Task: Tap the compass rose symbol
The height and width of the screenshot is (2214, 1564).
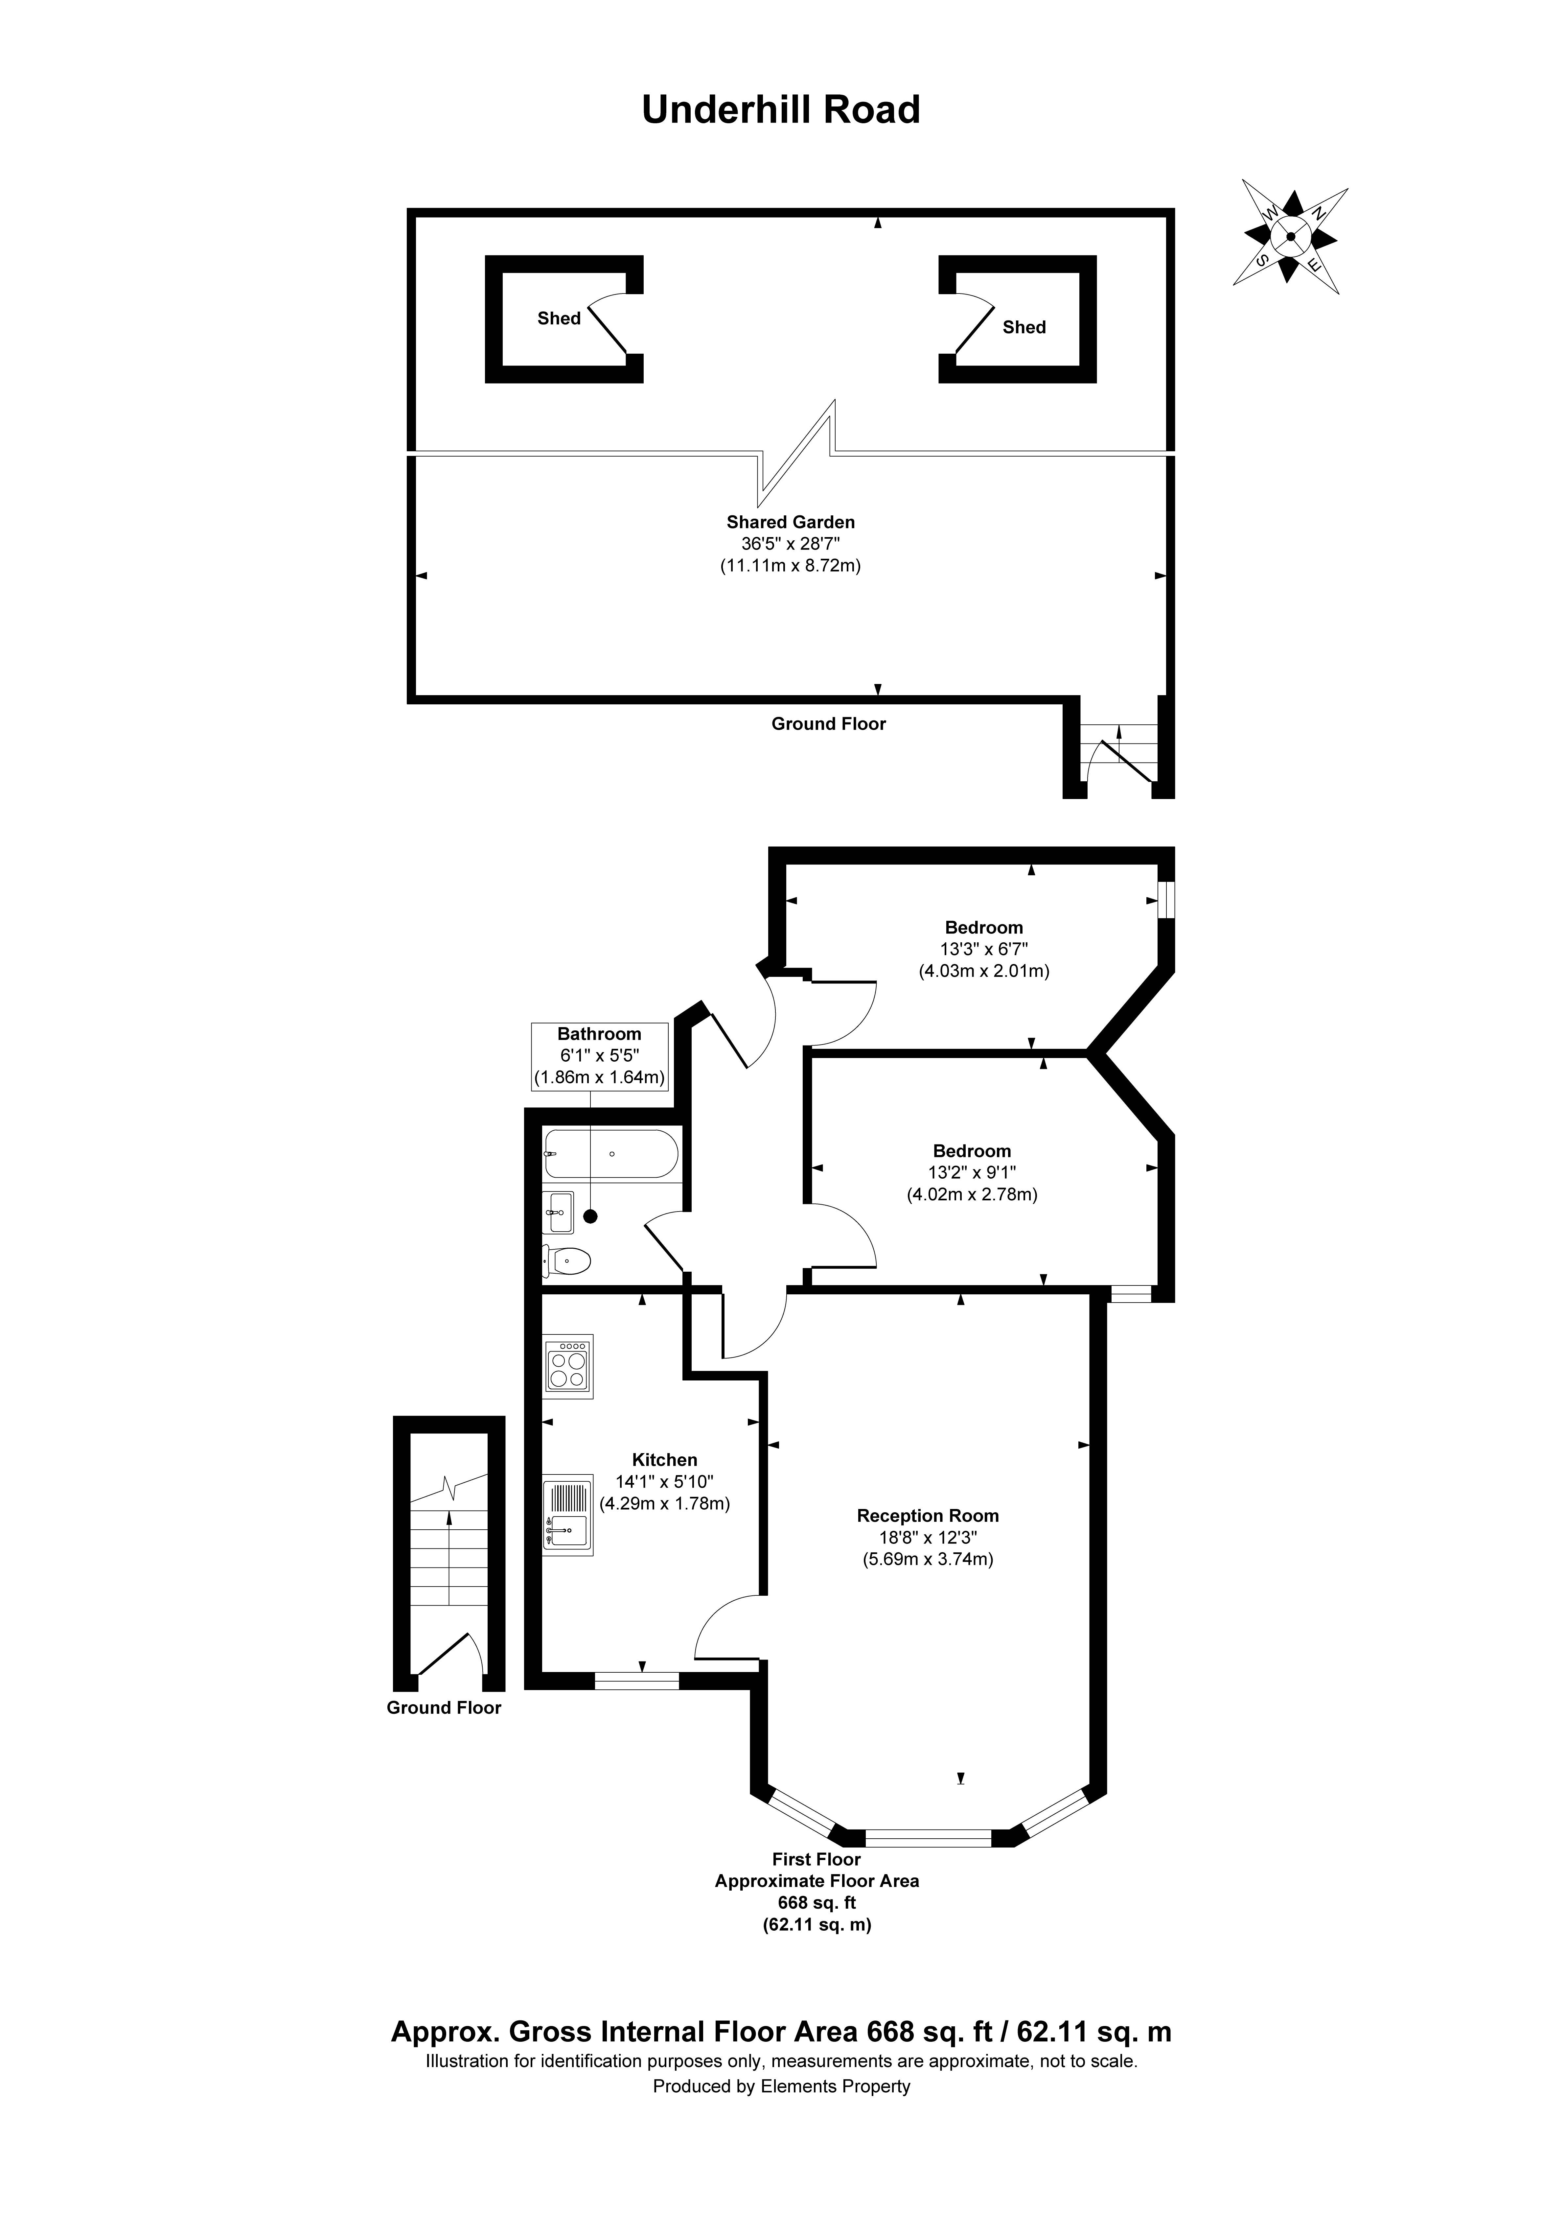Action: [1290, 236]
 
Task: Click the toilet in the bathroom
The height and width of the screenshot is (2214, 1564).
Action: [567, 1260]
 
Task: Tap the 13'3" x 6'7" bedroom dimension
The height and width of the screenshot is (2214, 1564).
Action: [983, 949]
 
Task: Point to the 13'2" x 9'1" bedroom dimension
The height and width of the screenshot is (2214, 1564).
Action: [971, 1172]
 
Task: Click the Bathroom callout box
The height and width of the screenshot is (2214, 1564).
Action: [599, 1056]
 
